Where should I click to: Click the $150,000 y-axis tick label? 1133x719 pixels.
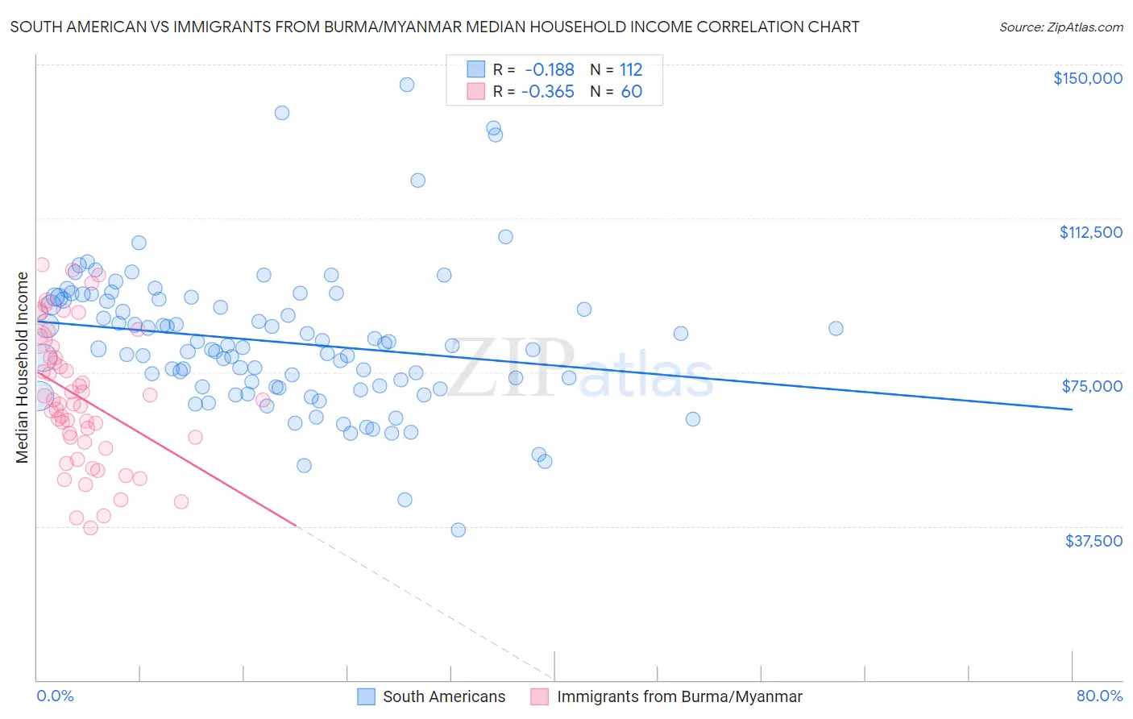pyautogui.click(x=1087, y=78)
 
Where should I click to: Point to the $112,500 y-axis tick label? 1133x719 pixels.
pyautogui.click(x=1090, y=232)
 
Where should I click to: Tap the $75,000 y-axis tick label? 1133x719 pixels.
pyautogui.click(x=1092, y=386)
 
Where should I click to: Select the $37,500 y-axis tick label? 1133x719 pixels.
pyautogui.click(x=1094, y=541)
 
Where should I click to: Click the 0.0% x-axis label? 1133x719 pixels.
pyautogui.click(x=55, y=696)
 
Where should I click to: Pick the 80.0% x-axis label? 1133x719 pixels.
pyautogui.click(x=1099, y=696)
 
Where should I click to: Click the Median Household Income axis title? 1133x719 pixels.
pyautogui.click(x=23, y=368)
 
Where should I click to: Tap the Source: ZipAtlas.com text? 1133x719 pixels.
pyautogui.click(x=1060, y=27)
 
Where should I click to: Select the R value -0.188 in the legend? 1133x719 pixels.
pyautogui.click(x=549, y=70)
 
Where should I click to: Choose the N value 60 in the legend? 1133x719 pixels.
pyautogui.click(x=631, y=92)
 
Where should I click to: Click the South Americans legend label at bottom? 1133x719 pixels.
pyautogui.click(x=444, y=696)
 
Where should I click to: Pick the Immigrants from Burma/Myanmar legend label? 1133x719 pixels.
pyautogui.click(x=679, y=696)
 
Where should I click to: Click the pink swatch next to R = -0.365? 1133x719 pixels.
pyautogui.click(x=475, y=92)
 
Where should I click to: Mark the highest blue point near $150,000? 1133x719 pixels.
pyautogui.click(x=407, y=85)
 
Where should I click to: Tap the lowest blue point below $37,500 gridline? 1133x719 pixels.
pyautogui.click(x=458, y=530)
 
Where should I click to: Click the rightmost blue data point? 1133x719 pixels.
pyautogui.click(x=836, y=328)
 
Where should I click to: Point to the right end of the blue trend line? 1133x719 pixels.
pyautogui.click(x=1072, y=409)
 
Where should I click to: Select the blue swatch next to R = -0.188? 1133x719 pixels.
pyautogui.click(x=475, y=70)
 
